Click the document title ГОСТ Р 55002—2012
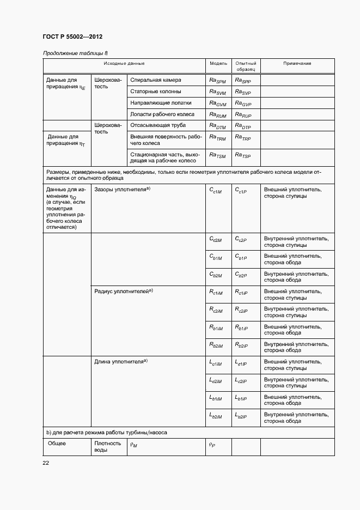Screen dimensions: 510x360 [x=72, y=37]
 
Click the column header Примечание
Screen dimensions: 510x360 [x=297, y=63]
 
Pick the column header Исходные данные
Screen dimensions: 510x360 [x=124, y=63]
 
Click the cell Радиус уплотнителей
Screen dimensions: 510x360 [x=124, y=292]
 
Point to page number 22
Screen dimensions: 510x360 [x=46, y=463]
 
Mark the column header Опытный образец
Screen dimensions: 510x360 [x=246, y=66]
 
